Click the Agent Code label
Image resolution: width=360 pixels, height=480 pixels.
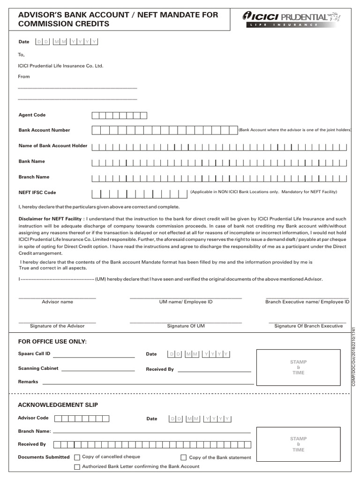32,115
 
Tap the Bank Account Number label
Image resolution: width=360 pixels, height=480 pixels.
44,130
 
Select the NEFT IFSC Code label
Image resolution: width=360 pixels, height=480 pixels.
37,193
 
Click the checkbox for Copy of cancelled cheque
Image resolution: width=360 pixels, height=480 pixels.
77,457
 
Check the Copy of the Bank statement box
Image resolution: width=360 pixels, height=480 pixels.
184,457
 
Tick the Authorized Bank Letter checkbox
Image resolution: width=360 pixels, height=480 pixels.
77,467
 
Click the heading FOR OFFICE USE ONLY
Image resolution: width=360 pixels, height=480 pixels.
52,342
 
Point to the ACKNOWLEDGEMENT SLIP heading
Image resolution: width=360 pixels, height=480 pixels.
58,405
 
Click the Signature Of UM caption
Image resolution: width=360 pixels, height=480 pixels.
186,326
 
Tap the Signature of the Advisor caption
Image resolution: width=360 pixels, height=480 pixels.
57,326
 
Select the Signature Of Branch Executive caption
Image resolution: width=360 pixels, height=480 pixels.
308,326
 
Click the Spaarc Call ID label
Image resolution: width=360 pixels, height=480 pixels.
34,353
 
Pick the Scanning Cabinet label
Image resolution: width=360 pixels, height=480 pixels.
38,368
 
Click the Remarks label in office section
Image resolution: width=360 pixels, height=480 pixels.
28,382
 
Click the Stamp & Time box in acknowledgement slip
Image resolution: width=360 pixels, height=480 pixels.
298,443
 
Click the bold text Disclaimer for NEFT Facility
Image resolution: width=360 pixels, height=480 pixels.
52,219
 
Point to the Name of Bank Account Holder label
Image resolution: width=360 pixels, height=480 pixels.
52,146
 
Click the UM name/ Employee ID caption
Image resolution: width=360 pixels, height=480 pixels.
186,302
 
